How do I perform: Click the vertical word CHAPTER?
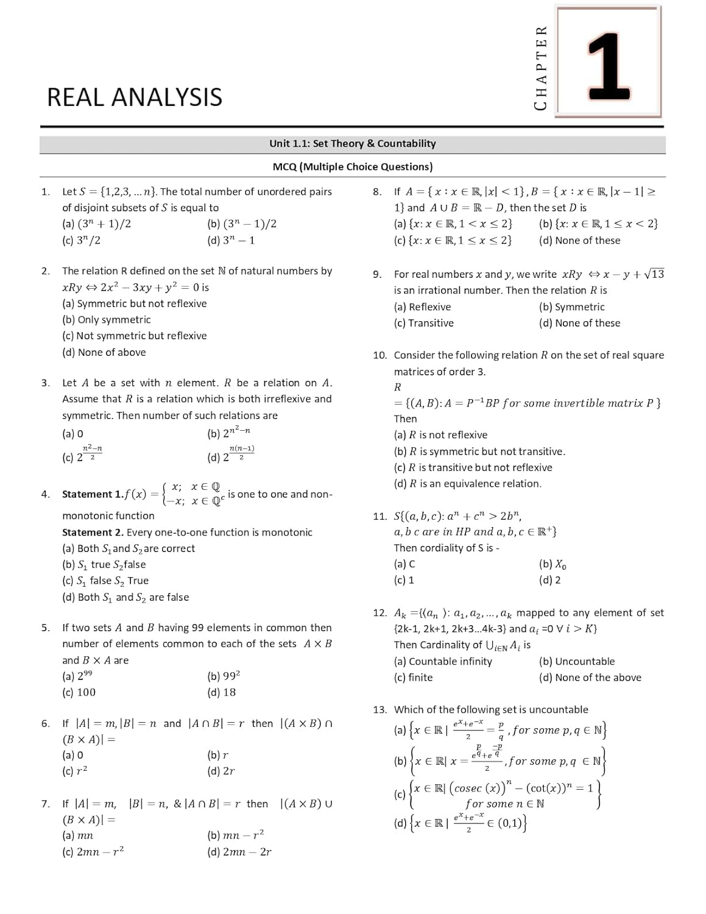pyautogui.click(x=540, y=68)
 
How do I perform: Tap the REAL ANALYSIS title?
pyautogui.click(x=135, y=97)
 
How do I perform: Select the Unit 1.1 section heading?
pyautogui.click(x=353, y=144)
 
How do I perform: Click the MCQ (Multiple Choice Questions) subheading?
pyautogui.click(x=353, y=167)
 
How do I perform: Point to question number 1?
pyautogui.click(x=46, y=192)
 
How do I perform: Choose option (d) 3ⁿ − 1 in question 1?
pyautogui.click(x=231, y=240)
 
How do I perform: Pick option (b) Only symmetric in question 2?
pyautogui.click(x=106, y=320)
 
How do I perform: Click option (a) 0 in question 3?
pyautogui.click(x=72, y=434)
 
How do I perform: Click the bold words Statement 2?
pyautogui.click(x=93, y=532)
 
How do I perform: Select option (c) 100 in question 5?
pyautogui.click(x=79, y=692)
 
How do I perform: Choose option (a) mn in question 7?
pyautogui.click(x=77, y=835)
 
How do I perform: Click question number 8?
pyautogui.click(x=377, y=192)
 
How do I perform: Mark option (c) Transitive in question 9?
pyautogui.click(x=423, y=323)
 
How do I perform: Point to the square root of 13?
pyautogui.click(x=654, y=274)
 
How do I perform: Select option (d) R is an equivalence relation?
pyautogui.click(x=467, y=484)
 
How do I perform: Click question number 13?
pyautogui.click(x=379, y=709)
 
